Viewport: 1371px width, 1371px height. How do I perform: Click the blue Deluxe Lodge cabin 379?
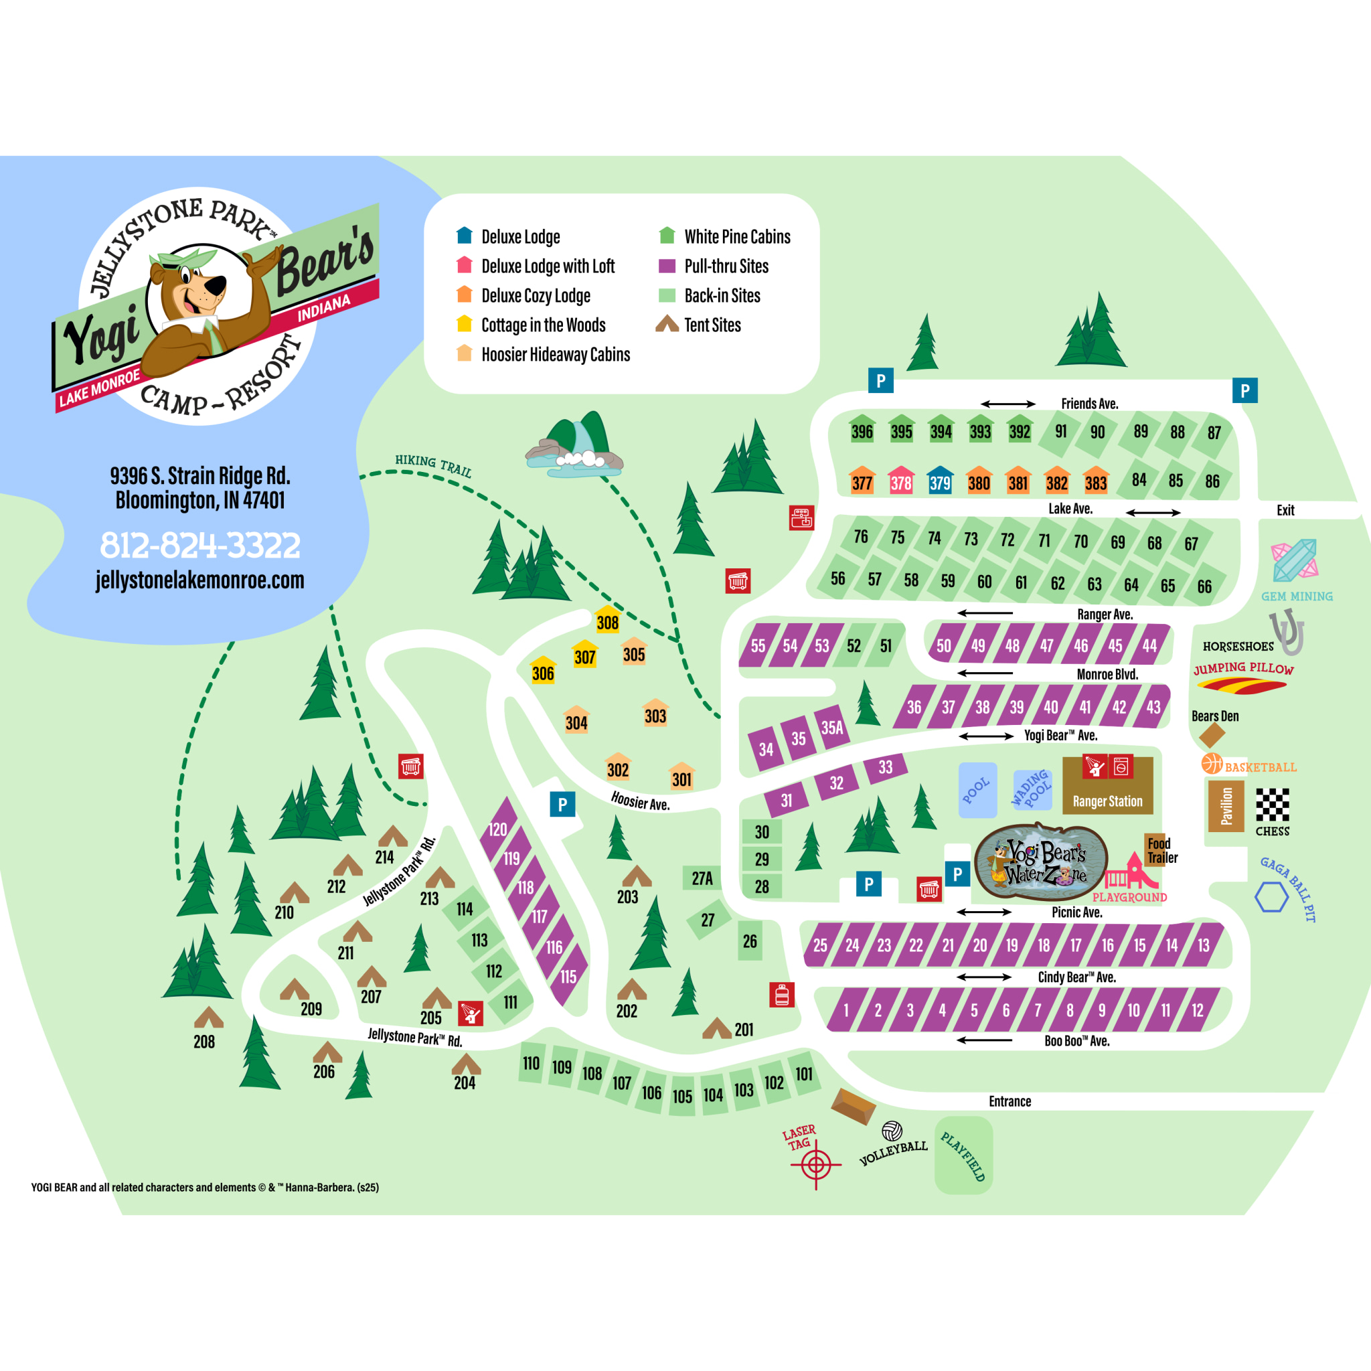click(x=939, y=481)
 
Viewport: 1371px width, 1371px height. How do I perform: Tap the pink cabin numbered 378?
click(x=900, y=481)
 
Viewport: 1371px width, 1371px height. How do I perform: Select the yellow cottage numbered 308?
click(x=607, y=619)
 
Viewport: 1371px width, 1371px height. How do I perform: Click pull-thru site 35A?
click(x=831, y=726)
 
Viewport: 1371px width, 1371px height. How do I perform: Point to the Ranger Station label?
click(x=1107, y=801)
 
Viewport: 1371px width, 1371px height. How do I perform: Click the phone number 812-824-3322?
click(x=200, y=545)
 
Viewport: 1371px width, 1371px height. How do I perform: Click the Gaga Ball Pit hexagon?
click(x=1271, y=898)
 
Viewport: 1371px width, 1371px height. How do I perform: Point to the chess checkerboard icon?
click(x=1273, y=805)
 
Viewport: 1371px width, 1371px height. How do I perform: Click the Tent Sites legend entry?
click(x=712, y=325)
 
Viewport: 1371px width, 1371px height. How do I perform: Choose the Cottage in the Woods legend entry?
click(x=543, y=325)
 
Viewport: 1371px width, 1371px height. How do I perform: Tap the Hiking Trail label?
click(x=433, y=465)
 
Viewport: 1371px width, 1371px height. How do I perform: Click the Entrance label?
click(x=1010, y=1101)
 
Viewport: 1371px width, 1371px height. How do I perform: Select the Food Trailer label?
click(x=1161, y=850)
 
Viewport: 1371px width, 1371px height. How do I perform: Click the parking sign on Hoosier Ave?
click(x=563, y=805)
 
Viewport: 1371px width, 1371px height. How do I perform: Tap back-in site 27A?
click(x=702, y=878)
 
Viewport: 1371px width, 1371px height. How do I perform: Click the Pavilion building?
click(x=1226, y=806)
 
